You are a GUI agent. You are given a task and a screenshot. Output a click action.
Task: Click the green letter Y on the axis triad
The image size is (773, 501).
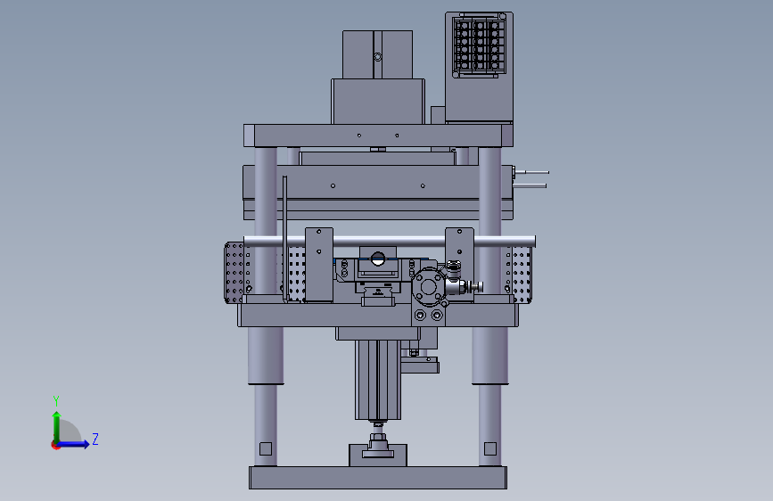coord(56,400)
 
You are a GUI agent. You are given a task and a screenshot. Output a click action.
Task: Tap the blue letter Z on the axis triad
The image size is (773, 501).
coord(95,439)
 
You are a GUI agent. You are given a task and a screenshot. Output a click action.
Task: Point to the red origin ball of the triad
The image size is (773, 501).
coord(55,445)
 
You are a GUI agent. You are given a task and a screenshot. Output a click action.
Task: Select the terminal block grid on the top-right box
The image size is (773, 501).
coord(479,45)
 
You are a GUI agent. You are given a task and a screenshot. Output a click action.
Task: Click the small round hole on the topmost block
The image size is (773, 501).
coord(378,57)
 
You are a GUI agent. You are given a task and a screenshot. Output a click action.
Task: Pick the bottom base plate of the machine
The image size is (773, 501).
coord(378,478)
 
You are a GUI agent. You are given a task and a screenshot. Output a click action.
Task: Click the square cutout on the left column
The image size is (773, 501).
coord(266,448)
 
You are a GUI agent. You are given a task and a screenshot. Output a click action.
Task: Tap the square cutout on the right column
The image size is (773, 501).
coord(490,448)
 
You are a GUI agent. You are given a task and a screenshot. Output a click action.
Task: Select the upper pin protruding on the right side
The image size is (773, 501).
coord(531,173)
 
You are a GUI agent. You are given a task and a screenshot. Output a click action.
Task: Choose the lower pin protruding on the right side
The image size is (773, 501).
coord(530,186)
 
